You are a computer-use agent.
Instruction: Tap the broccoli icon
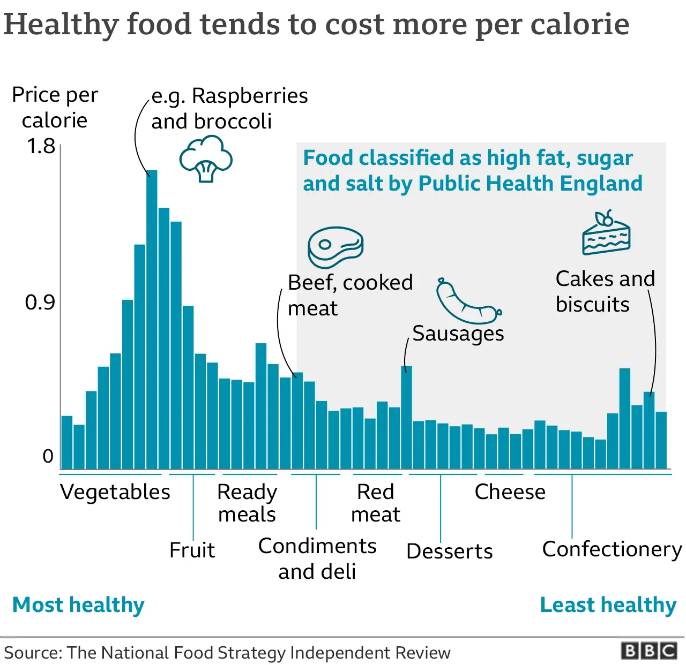[x=206, y=159]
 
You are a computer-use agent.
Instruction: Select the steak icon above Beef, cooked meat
[x=335, y=247]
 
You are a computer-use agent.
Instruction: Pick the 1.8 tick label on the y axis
[x=41, y=146]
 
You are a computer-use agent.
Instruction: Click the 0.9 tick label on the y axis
[x=40, y=303]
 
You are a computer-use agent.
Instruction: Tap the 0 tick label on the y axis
[x=48, y=456]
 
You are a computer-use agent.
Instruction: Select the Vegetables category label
[x=115, y=492]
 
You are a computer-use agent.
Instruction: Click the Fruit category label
[x=192, y=550]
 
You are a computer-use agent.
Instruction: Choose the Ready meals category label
[x=247, y=503]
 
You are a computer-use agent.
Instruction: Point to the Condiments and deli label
[x=317, y=558]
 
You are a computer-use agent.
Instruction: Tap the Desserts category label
[x=450, y=551]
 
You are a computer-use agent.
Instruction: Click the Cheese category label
[x=510, y=492]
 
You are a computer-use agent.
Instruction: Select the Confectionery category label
[x=612, y=549]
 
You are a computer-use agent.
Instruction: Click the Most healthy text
[x=78, y=605]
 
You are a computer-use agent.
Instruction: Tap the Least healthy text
[x=608, y=605]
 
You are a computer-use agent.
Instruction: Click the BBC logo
[x=648, y=651]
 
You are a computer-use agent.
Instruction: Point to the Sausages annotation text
[x=458, y=334]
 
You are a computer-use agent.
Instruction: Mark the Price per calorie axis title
[x=55, y=107]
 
